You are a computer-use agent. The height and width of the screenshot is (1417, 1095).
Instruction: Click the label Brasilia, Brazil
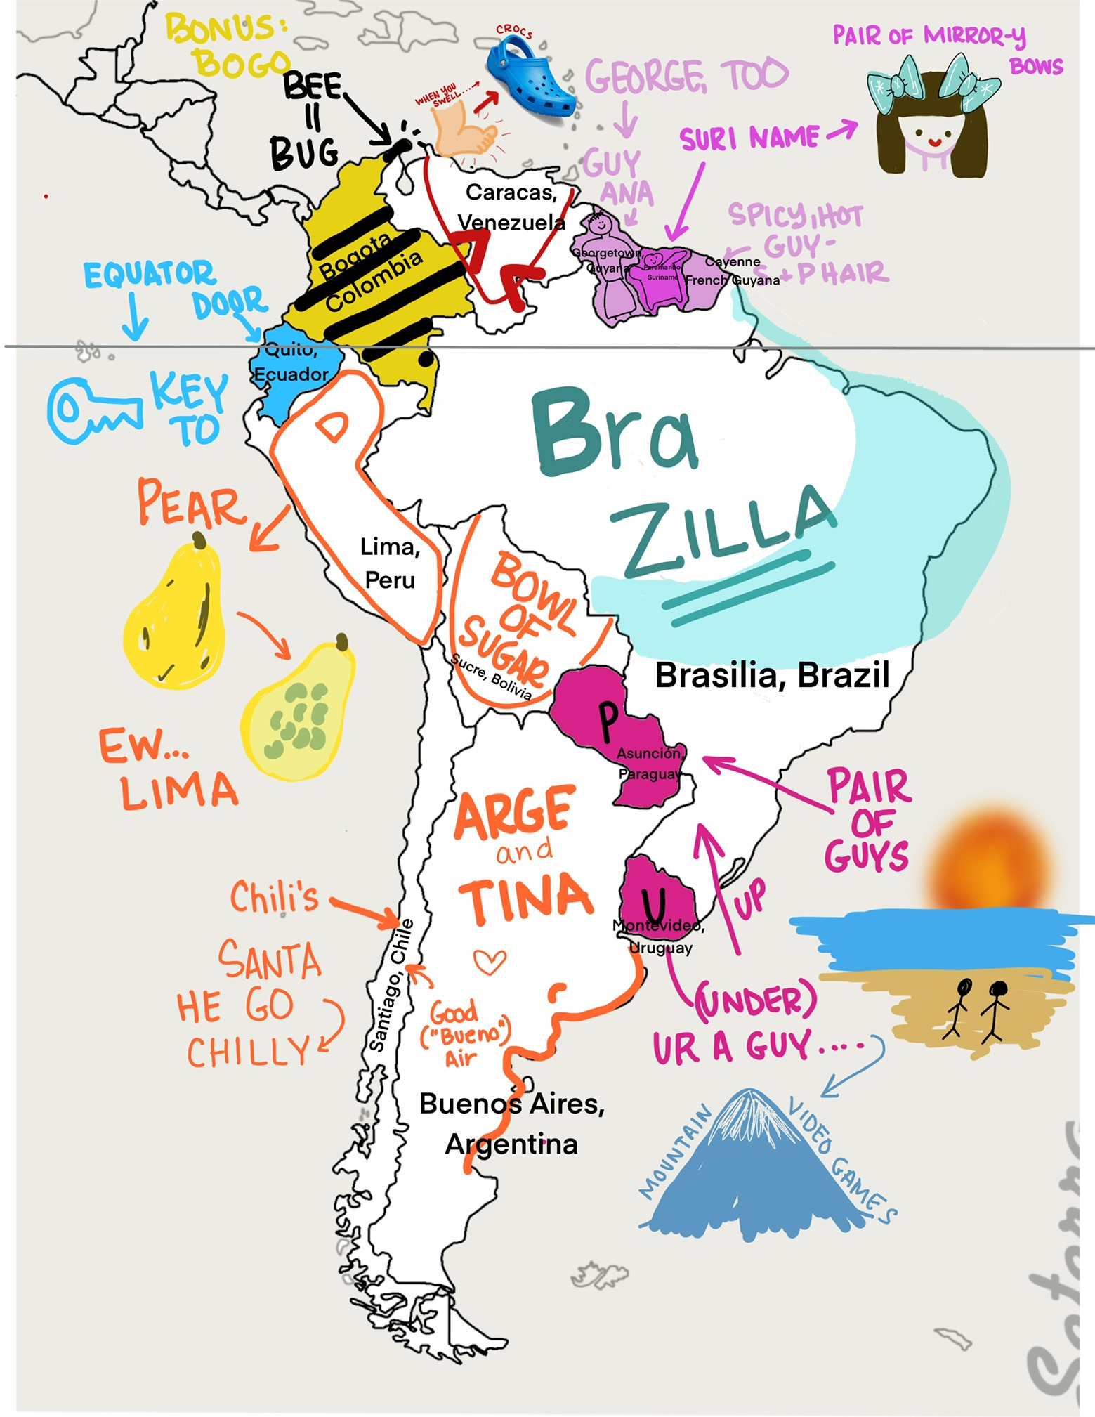(x=772, y=675)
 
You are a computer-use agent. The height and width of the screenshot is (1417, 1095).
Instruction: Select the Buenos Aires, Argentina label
(x=511, y=1124)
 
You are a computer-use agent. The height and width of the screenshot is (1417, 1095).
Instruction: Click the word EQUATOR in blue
(x=149, y=274)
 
